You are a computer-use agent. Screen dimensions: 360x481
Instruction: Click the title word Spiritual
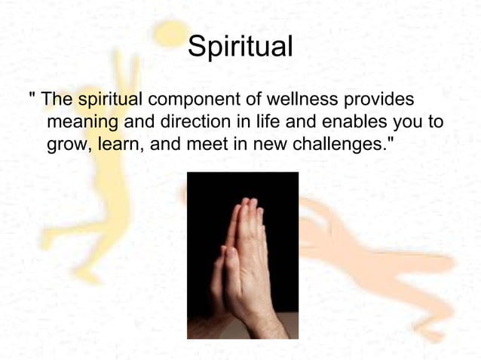(240, 47)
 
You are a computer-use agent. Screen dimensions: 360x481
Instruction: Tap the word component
(199, 100)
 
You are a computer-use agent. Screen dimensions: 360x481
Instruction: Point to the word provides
(382, 99)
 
